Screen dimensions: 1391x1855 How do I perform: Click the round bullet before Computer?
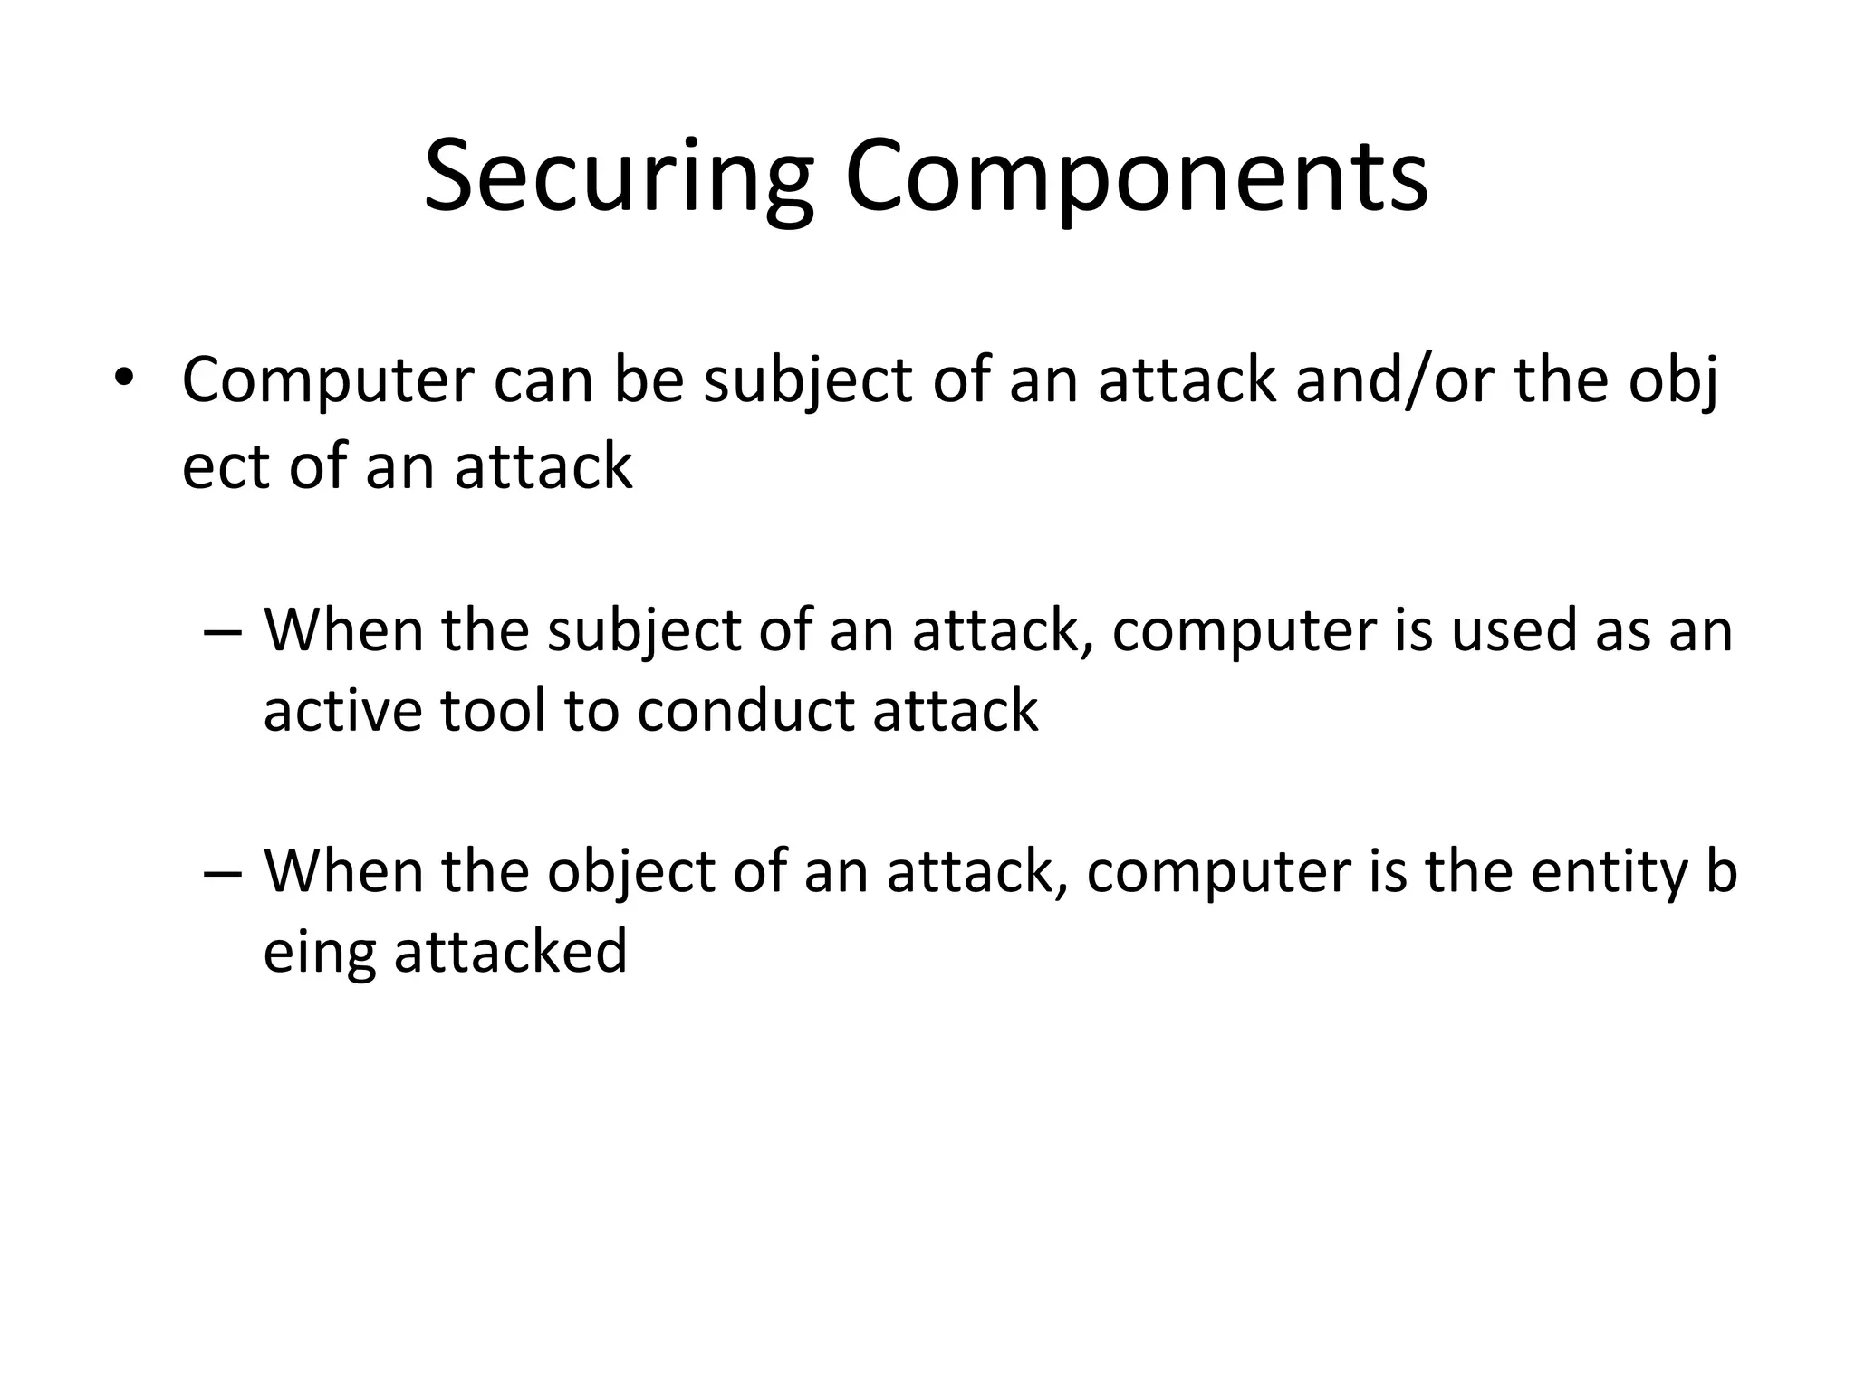click(123, 377)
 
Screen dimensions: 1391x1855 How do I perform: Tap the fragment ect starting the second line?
click(226, 467)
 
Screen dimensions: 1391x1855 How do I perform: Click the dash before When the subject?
click(224, 631)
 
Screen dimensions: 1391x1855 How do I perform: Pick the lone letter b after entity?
click(1721, 871)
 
